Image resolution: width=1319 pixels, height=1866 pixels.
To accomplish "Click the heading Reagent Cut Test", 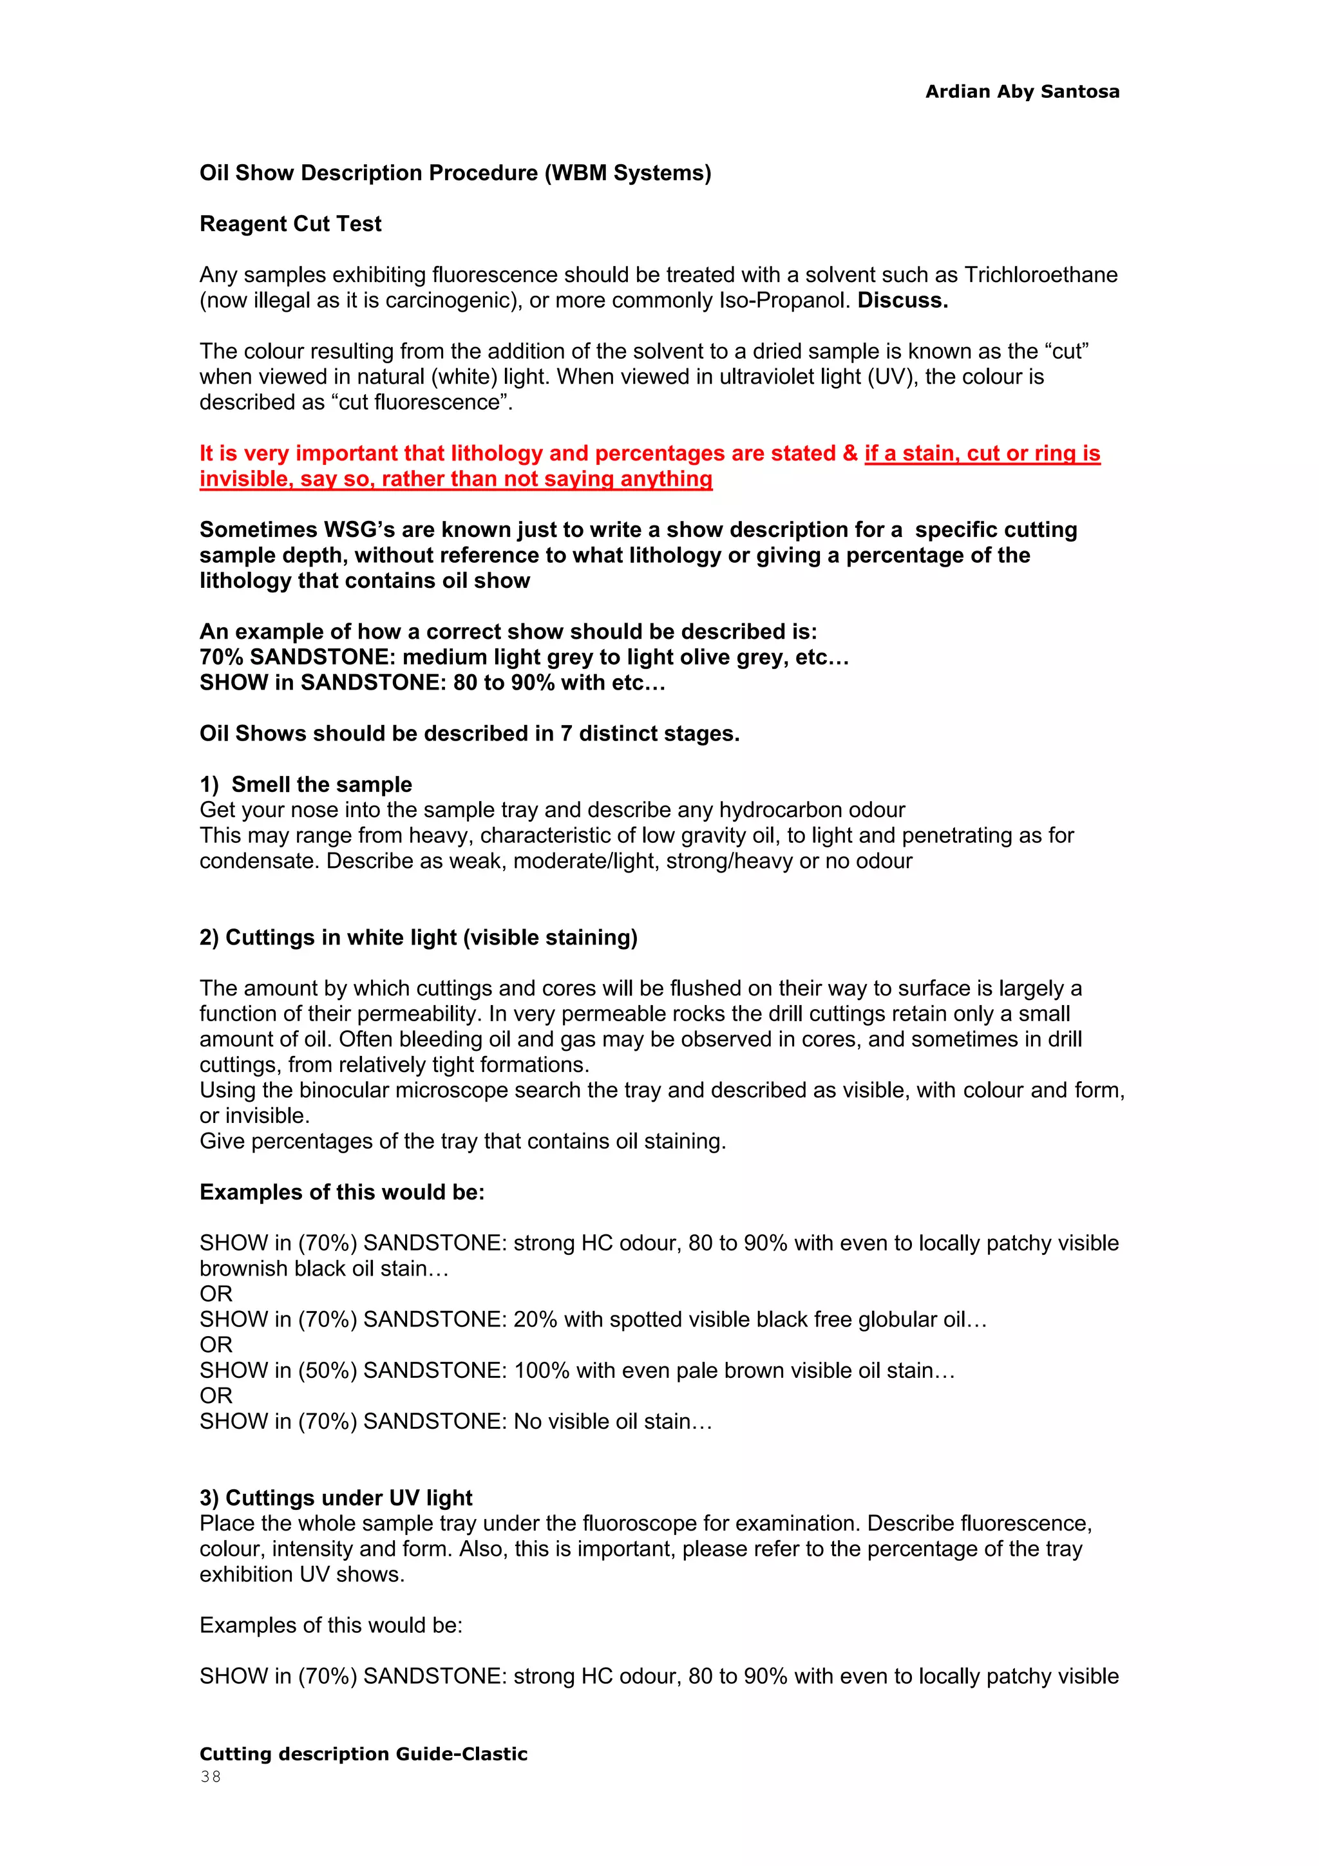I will coord(290,223).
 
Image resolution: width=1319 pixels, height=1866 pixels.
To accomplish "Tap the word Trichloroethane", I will coord(1040,275).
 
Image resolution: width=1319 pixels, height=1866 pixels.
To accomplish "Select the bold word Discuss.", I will coord(902,301).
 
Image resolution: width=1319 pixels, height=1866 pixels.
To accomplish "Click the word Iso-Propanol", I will coord(784,301).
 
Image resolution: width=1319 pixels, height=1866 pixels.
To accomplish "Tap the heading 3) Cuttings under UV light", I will coord(336,1498).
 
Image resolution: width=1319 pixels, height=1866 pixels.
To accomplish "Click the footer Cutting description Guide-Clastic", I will coord(363,1754).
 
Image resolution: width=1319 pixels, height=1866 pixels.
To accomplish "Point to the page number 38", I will coord(211,1776).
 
